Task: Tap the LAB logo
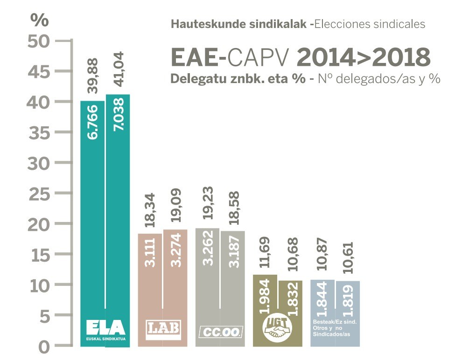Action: point(163,329)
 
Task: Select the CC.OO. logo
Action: point(220,332)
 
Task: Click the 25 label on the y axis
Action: point(39,194)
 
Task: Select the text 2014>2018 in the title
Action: point(363,58)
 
